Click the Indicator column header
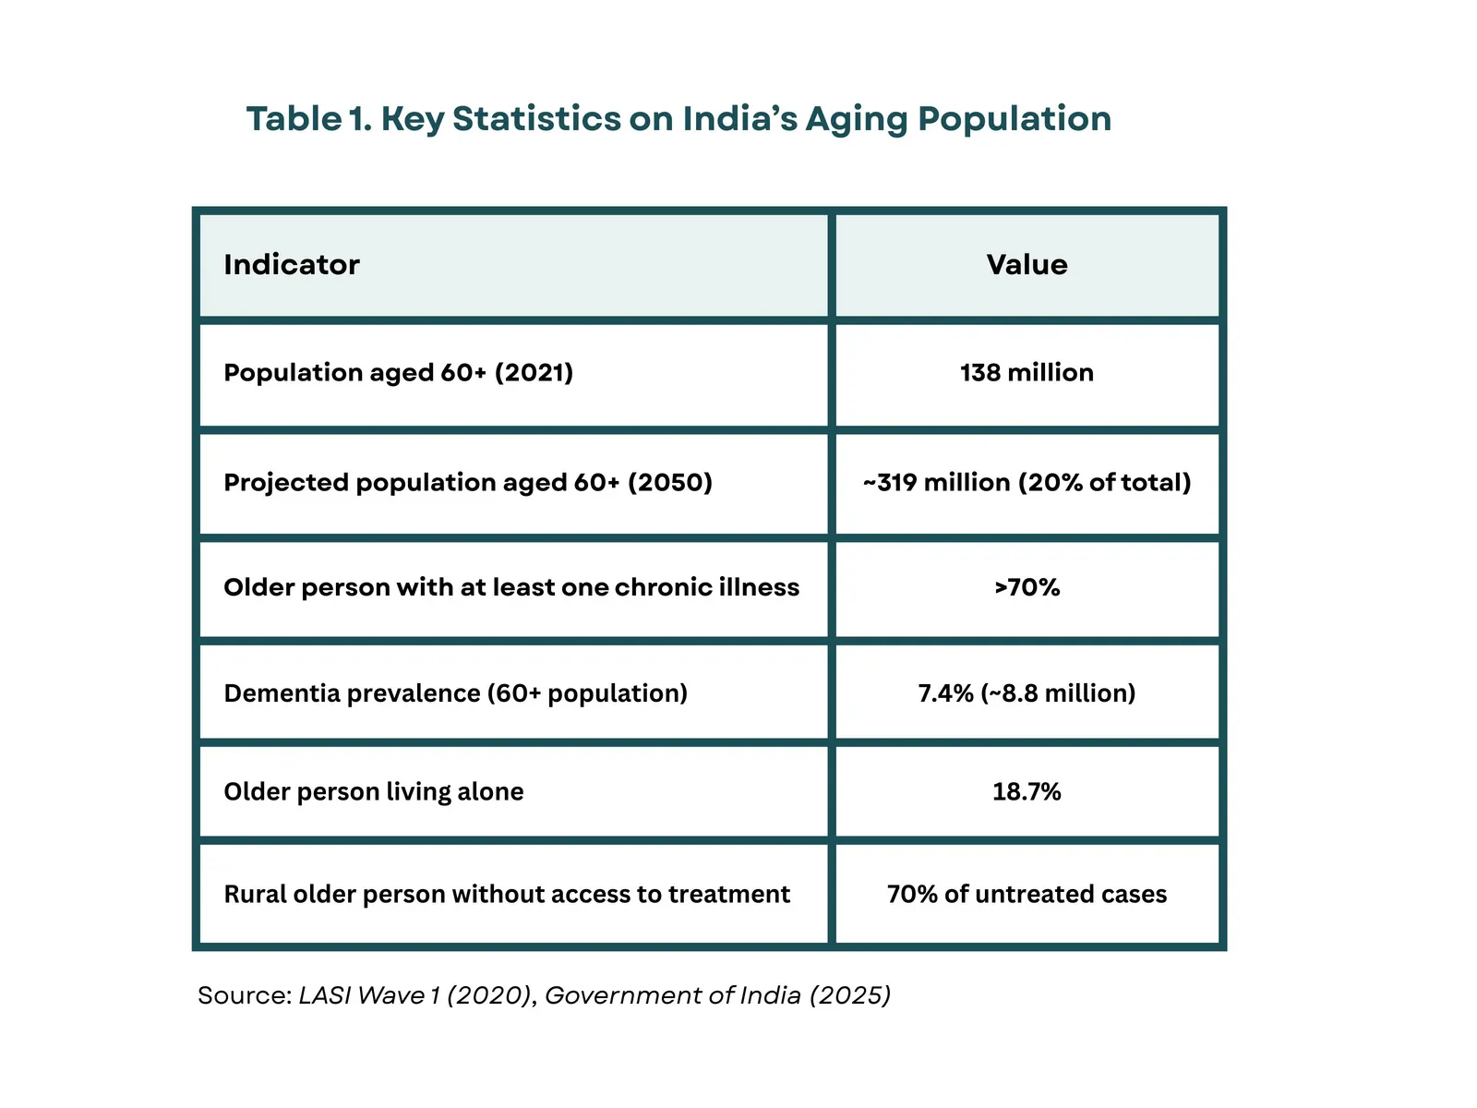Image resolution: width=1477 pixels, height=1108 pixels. [292, 265]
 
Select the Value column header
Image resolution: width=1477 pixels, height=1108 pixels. [1027, 265]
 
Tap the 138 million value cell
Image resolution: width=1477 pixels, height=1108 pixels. [1027, 373]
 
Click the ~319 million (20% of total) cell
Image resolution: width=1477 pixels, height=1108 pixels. [1027, 483]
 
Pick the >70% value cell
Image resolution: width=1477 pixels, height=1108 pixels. [1027, 587]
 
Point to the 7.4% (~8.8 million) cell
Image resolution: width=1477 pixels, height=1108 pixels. [1027, 693]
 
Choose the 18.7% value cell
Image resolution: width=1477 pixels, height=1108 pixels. [1027, 792]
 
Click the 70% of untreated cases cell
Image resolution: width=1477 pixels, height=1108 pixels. [1027, 895]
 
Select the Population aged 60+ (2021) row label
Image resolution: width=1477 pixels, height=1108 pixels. [398, 373]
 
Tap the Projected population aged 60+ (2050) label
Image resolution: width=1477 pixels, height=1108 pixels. [468, 483]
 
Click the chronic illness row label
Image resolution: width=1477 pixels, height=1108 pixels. [511, 587]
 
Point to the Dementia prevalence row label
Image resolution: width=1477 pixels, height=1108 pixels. [455, 693]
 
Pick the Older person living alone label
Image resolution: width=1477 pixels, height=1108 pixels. [373, 792]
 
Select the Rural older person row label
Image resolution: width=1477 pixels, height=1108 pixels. [507, 895]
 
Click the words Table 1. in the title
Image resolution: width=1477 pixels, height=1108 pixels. [308, 119]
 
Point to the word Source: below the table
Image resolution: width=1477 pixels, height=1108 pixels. [245, 995]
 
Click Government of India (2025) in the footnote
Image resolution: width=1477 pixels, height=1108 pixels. [717, 995]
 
